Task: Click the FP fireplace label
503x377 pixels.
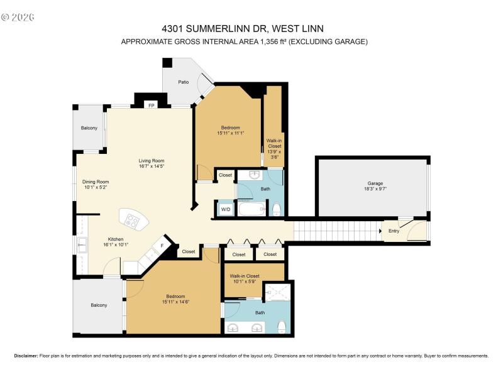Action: (151, 106)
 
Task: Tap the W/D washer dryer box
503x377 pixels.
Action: (224, 209)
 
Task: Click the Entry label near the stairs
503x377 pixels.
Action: (394, 231)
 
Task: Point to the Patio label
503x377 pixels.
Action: (183, 82)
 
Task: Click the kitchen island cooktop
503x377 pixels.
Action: (133, 220)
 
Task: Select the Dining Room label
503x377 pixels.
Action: (96, 182)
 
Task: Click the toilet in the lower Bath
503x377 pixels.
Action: (282, 326)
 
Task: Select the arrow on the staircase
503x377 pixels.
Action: (380, 231)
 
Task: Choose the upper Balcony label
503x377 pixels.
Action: (89, 128)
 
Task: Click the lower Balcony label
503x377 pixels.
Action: (99, 305)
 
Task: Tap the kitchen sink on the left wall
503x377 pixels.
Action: (82, 245)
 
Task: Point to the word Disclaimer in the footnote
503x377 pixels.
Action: (26, 356)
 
